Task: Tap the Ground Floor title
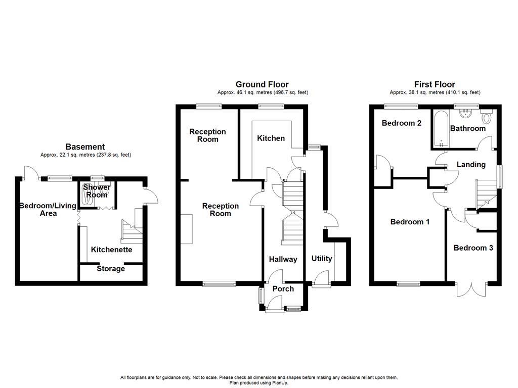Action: click(x=262, y=84)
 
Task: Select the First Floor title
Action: click(x=435, y=84)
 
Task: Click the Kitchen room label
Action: click(x=271, y=138)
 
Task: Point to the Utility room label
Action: click(x=322, y=258)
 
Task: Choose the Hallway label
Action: click(x=283, y=259)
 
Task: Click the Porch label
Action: click(x=283, y=288)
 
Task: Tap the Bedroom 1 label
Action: click(x=410, y=222)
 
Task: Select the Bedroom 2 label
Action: click(x=402, y=123)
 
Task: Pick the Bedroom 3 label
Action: click(x=473, y=248)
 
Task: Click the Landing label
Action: click(x=471, y=164)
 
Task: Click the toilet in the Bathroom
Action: click(x=487, y=118)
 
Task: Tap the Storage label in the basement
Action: click(x=111, y=269)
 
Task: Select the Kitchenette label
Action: click(x=111, y=250)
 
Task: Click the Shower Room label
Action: click(x=97, y=191)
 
